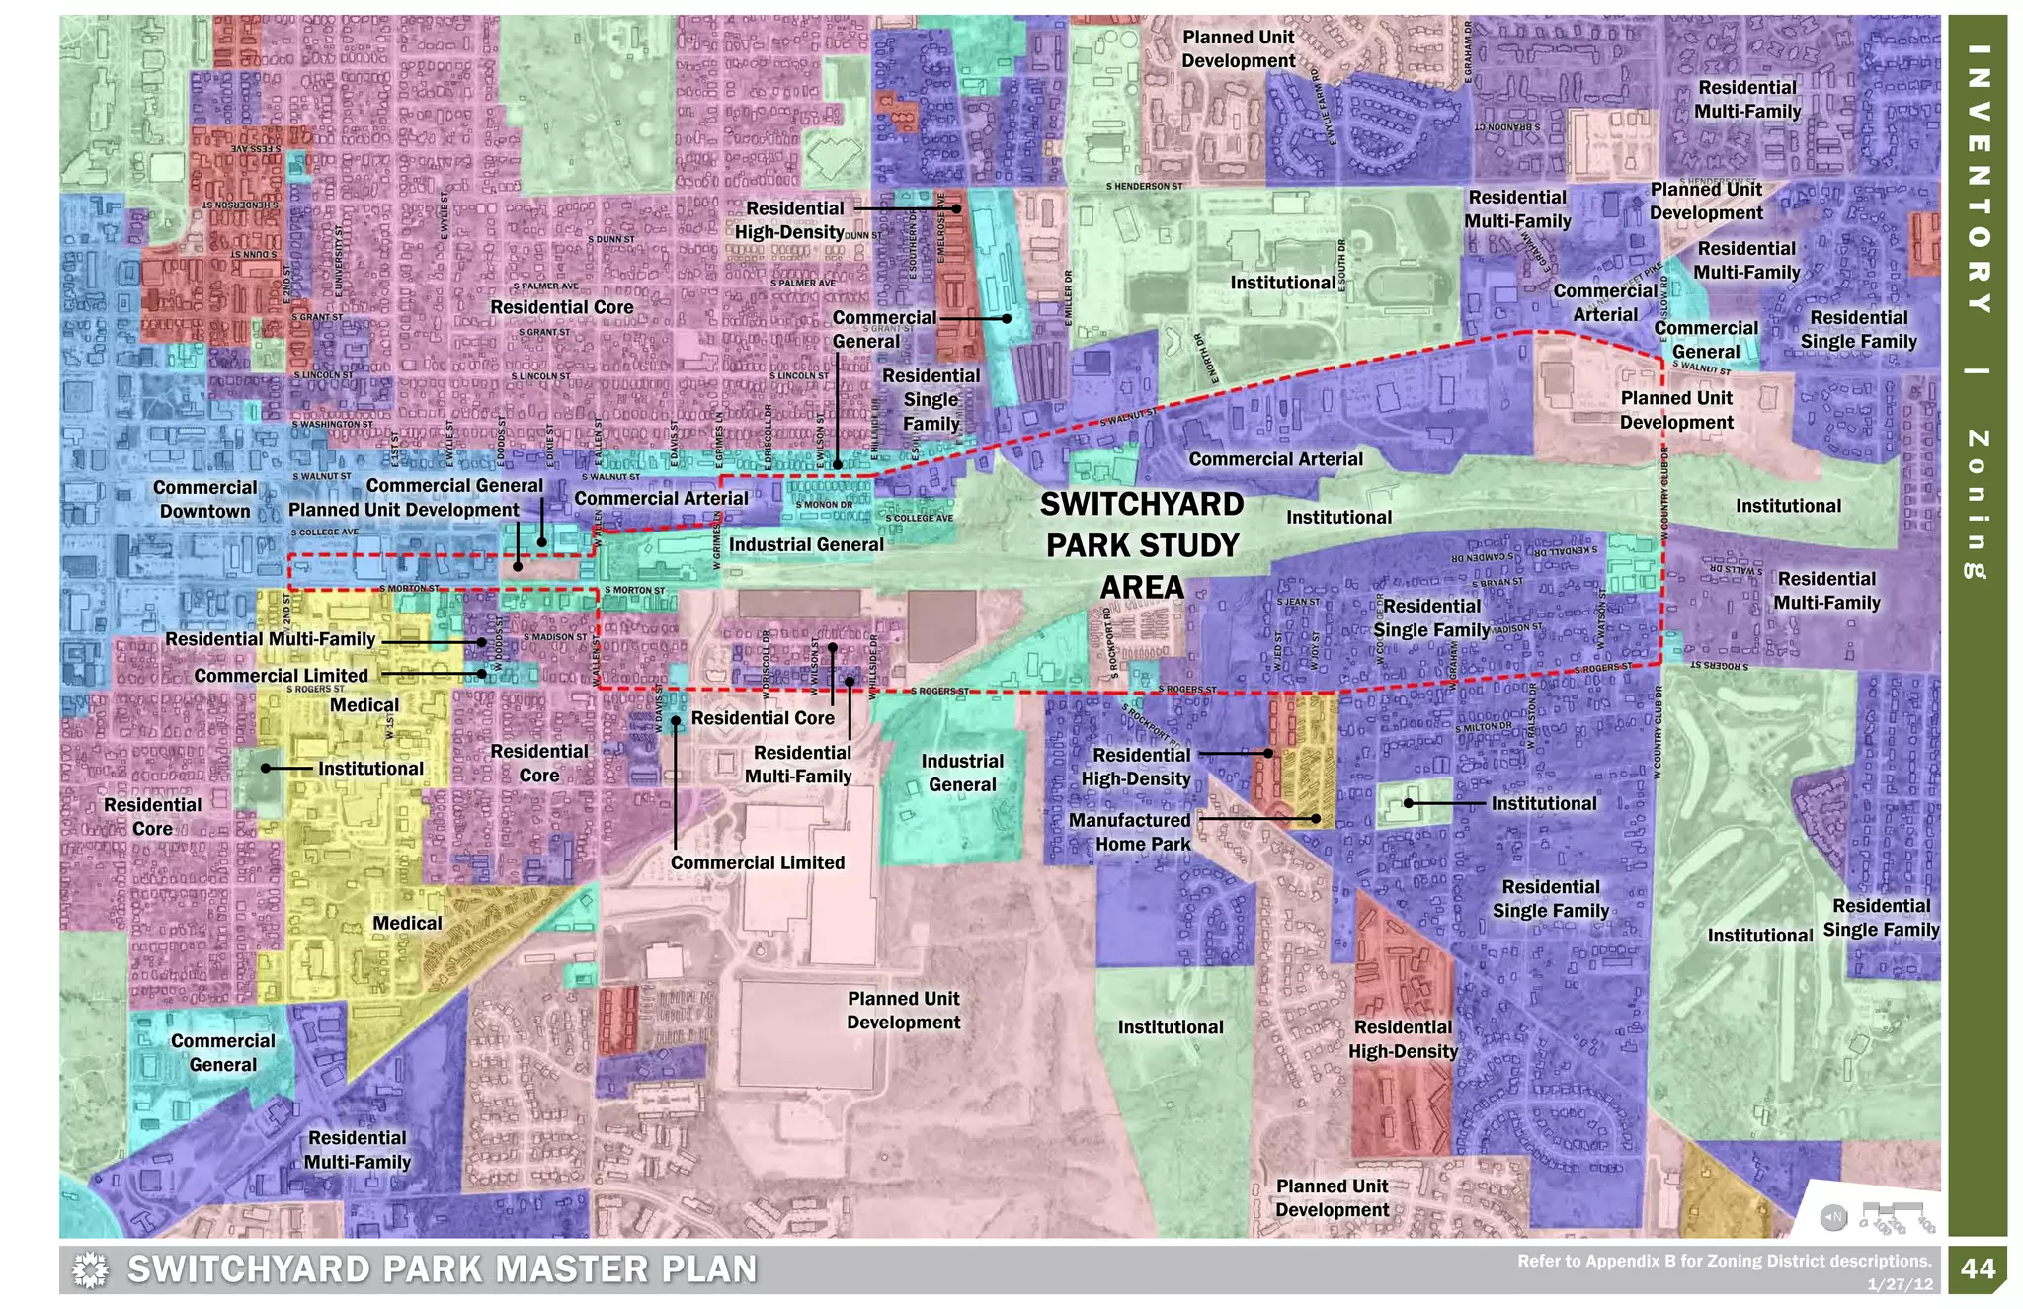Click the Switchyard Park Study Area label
tap(1142, 545)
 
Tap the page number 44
tap(1978, 1268)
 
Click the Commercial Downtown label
tap(204, 499)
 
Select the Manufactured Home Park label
tap(1131, 832)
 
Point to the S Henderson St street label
tap(1144, 186)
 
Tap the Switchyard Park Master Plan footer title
tap(442, 1269)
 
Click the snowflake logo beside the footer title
tap(90, 1269)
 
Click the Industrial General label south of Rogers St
tap(962, 773)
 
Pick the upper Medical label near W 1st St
tap(364, 705)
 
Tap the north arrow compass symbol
tap(1833, 1217)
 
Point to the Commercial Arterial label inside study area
tap(1275, 459)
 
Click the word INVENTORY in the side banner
tap(1978, 178)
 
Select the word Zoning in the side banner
tap(1978, 504)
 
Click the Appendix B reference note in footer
tap(1724, 1261)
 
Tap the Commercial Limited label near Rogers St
tap(281, 676)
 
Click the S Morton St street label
tap(410, 588)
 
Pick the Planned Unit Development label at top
tap(1239, 49)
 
